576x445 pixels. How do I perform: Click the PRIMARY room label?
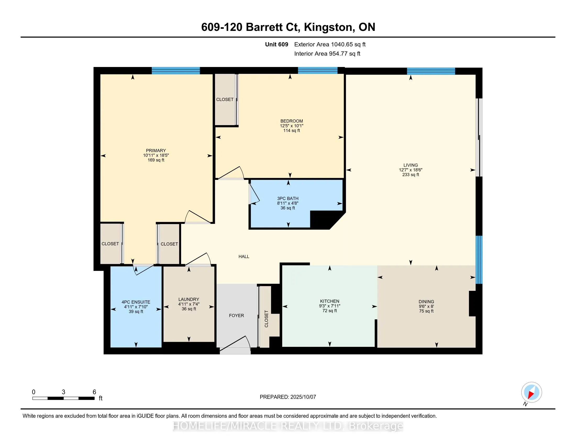pos(156,151)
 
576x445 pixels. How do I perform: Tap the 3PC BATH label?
pos(288,198)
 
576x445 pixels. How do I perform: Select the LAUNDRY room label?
pos(189,299)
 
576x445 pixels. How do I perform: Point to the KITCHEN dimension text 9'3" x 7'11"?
pos(330,306)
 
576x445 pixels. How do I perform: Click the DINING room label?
pos(426,302)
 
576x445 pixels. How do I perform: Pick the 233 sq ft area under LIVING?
pos(411,175)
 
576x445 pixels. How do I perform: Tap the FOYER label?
pos(236,316)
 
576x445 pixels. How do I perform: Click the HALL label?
pos(244,257)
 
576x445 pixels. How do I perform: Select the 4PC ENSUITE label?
pos(136,302)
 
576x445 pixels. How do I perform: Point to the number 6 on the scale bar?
pos(94,392)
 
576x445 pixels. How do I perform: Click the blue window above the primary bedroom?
pos(176,71)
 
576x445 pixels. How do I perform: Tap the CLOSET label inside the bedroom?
pos(225,99)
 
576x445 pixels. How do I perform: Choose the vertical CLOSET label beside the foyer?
pos(266,319)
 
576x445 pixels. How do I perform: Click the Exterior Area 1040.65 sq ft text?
pos(330,44)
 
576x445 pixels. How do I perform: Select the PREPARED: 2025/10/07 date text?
pos(288,397)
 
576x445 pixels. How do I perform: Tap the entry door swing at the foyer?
pos(235,344)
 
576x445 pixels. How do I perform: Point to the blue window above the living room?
pos(431,71)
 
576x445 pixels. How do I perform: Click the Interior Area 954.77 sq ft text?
pos(327,54)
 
